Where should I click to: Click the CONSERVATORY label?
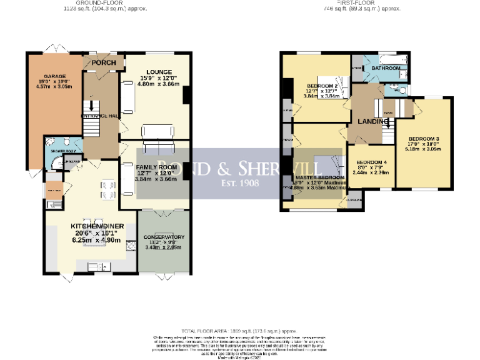[x=164, y=237]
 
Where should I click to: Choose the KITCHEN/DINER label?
[x=91, y=225]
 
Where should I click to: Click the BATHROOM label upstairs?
[x=386, y=67]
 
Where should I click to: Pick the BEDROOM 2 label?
[x=322, y=86]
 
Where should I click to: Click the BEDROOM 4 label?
[x=371, y=162]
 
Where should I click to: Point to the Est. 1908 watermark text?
[x=239, y=183]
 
